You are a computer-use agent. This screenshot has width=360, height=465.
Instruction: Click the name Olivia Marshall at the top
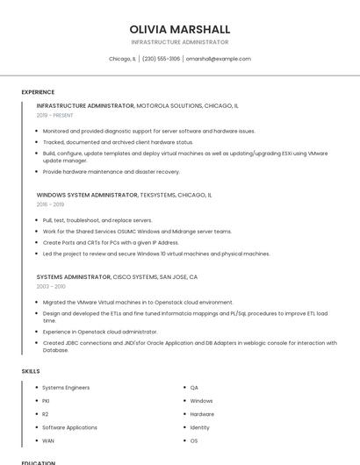click(x=179, y=29)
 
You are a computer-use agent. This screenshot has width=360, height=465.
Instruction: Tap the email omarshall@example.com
click(x=218, y=59)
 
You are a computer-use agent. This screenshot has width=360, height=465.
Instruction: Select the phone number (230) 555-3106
click(x=161, y=59)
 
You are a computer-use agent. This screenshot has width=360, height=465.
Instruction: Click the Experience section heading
click(x=38, y=91)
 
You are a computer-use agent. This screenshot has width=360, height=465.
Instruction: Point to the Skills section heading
click(x=31, y=371)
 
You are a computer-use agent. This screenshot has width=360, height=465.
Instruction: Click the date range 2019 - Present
click(x=54, y=115)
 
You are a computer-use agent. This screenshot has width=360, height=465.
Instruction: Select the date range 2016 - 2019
click(x=50, y=204)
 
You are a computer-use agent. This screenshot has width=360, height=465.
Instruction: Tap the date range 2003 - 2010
click(x=51, y=286)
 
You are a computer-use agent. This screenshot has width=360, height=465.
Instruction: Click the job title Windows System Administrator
click(x=87, y=195)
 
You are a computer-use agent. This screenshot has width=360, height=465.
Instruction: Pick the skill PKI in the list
click(x=46, y=401)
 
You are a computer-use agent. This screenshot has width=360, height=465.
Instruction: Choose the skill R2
click(x=46, y=414)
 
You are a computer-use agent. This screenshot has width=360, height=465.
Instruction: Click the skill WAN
click(x=47, y=440)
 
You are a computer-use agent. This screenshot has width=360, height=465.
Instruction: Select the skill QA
click(x=194, y=388)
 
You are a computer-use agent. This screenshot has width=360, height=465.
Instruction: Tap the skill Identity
click(x=200, y=427)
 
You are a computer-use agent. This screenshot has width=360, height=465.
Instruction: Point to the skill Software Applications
click(x=69, y=427)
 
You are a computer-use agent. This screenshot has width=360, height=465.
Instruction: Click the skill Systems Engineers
click(x=66, y=388)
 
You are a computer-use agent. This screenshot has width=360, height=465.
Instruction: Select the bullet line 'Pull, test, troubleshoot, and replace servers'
click(x=97, y=220)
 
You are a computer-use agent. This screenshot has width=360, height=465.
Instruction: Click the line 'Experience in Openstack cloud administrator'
click(x=100, y=332)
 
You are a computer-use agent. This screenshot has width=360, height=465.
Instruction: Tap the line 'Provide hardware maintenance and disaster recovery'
click(x=111, y=172)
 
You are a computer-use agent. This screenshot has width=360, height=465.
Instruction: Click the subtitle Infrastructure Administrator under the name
click(x=179, y=42)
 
